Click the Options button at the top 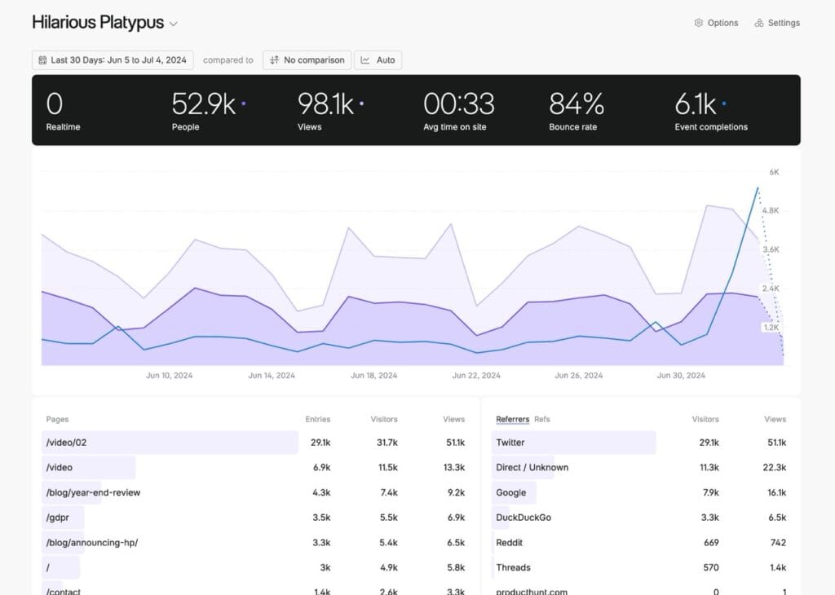(x=716, y=23)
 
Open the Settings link (x=777, y=23)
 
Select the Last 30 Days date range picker (x=112, y=60)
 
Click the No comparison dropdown (x=307, y=60)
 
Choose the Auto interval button (x=378, y=60)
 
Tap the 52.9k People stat (x=204, y=104)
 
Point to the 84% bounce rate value (x=577, y=104)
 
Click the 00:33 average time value (x=459, y=104)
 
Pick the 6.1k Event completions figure (x=696, y=104)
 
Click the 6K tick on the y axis (x=774, y=172)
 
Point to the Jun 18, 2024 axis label (x=374, y=376)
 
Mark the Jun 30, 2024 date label (x=681, y=376)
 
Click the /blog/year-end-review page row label (x=93, y=492)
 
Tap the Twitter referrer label (x=510, y=443)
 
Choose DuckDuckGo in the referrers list (x=524, y=518)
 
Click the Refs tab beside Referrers (x=542, y=419)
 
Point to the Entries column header (x=318, y=419)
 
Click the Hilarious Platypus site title (x=98, y=23)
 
